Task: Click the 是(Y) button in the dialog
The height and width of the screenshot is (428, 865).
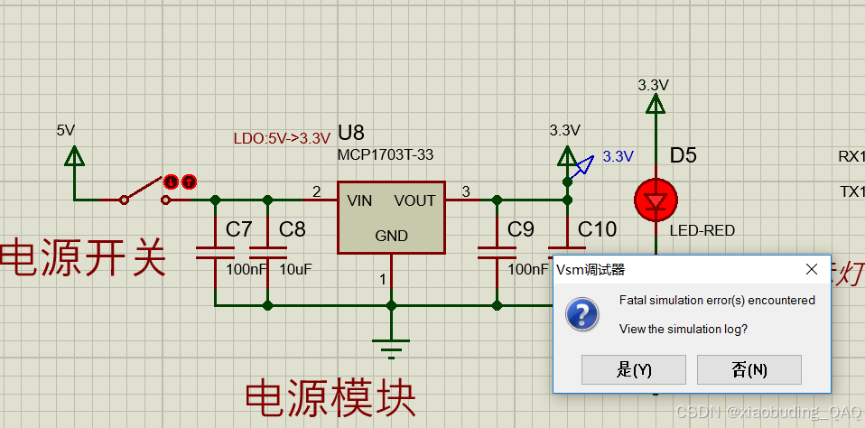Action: pos(633,369)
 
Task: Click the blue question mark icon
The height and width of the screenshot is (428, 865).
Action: pos(582,314)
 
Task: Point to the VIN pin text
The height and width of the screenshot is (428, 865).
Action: pos(359,200)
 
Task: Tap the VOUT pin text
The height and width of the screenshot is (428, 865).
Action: pos(414,200)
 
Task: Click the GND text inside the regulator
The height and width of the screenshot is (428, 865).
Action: pos(391,236)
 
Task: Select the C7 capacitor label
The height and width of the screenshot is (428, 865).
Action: pos(239,229)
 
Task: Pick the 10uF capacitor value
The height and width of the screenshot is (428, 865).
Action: pos(295,269)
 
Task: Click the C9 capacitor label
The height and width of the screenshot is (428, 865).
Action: pos(520,229)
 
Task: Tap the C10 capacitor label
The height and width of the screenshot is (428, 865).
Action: pos(597,229)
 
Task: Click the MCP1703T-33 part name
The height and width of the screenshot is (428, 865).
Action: pos(385,155)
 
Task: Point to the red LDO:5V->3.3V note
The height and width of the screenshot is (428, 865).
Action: pos(282,138)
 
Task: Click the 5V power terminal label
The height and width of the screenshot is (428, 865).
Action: pos(65,130)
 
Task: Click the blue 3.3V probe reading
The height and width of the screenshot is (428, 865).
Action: pos(618,156)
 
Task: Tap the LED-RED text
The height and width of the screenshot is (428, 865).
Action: pos(702,230)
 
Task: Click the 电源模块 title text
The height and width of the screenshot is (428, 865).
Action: pos(330,398)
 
